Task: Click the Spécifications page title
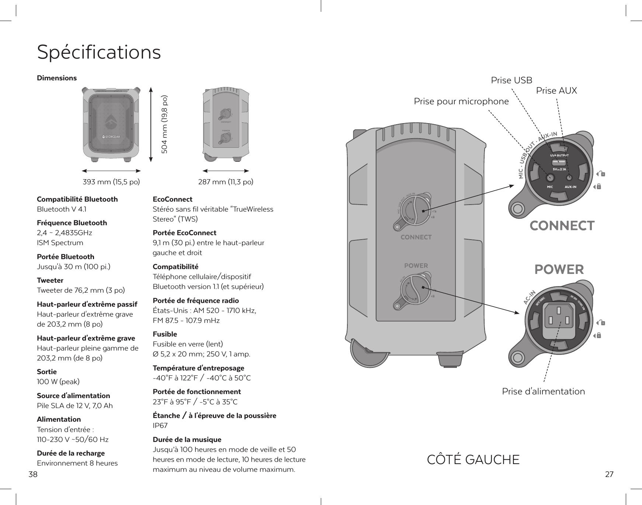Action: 99,52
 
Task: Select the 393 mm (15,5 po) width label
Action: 111,182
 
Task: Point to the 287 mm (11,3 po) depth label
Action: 226,182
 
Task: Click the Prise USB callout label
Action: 511,80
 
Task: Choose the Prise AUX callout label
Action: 556,90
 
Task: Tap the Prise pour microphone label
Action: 461,101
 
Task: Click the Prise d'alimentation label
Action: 543,391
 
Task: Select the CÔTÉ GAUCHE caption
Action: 473,460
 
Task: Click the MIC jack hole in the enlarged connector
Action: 550,178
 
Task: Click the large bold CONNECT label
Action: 562,225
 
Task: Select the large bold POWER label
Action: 559,269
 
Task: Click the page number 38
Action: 33,474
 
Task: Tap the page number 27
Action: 609,474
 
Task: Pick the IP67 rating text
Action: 160,426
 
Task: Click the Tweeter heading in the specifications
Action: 50,280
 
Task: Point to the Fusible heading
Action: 165,334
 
